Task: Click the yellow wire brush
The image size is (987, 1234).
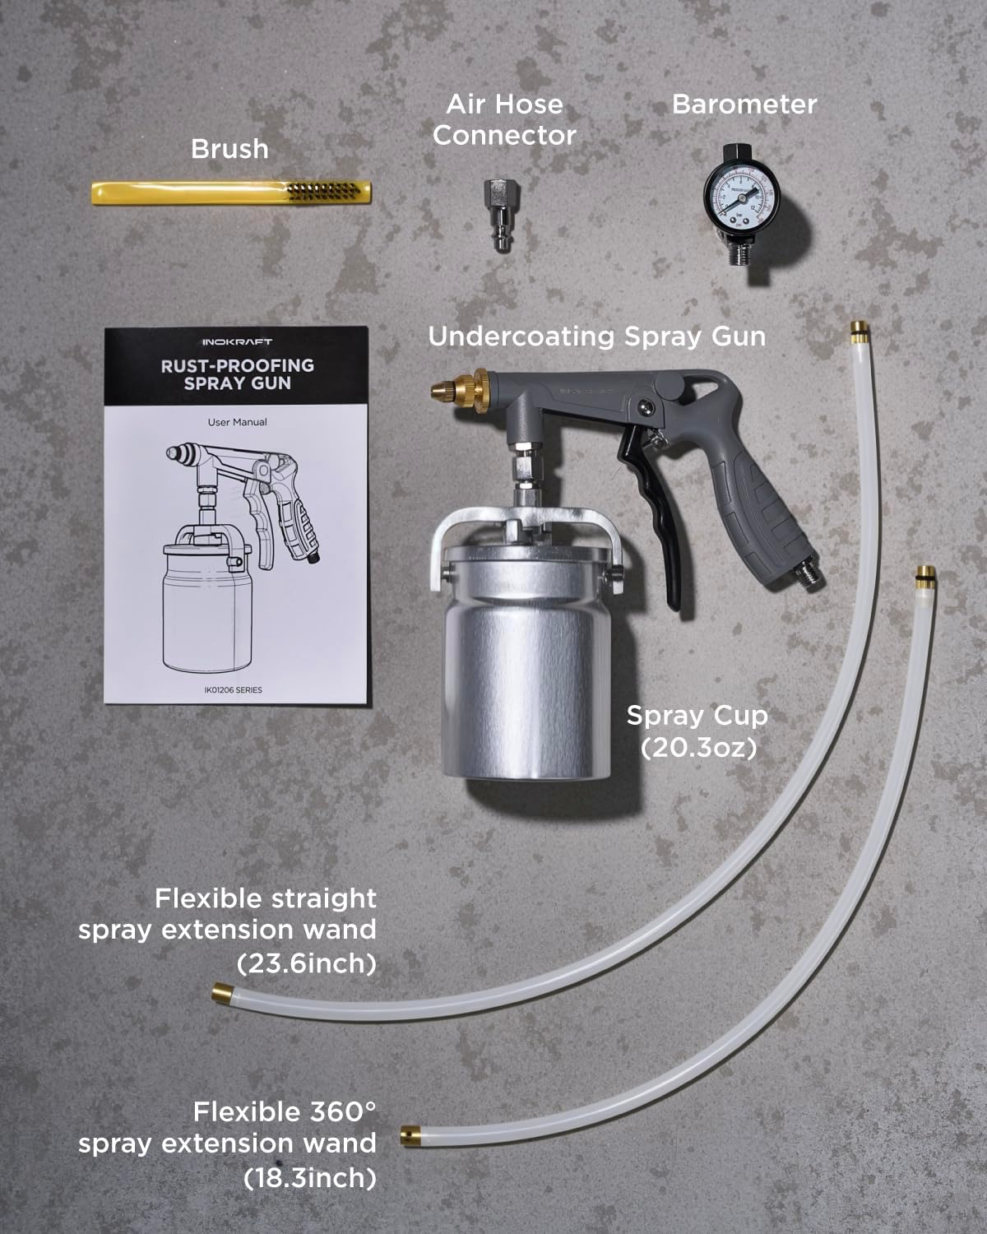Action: [230, 193]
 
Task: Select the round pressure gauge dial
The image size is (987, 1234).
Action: [737, 196]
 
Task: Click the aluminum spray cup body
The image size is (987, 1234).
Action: [526, 683]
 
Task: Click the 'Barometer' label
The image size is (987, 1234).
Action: [744, 104]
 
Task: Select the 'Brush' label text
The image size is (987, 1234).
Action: [229, 149]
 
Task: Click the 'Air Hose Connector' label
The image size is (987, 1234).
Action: [503, 120]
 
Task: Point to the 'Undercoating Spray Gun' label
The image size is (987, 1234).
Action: [597, 336]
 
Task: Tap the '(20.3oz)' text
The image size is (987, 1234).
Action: [698, 748]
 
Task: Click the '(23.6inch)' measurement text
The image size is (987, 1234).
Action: [306, 963]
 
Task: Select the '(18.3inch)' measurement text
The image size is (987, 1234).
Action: [310, 1178]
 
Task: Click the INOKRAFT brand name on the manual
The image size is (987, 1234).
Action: [237, 341]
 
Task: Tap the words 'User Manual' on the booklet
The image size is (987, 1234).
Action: [237, 422]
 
